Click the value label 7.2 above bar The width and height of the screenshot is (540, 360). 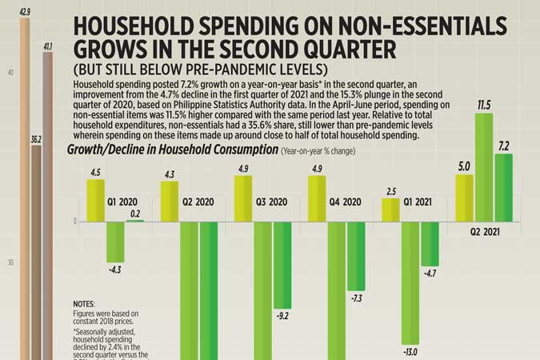click(x=503, y=146)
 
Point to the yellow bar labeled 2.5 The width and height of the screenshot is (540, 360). click(x=390, y=210)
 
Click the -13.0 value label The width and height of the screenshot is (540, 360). click(x=410, y=350)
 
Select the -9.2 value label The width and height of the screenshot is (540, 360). click(x=282, y=316)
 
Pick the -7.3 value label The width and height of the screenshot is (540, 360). click(x=356, y=298)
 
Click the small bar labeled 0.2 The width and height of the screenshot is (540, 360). click(x=134, y=220)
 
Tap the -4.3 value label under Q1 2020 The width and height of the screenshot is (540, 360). click(x=115, y=270)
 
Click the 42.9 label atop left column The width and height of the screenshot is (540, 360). click(x=25, y=12)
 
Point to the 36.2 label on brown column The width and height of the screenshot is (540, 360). click(x=36, y=139)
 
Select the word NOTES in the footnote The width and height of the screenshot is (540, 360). click(x=84, y=305)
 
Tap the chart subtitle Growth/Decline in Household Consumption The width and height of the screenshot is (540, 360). click(x=170, y=150)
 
